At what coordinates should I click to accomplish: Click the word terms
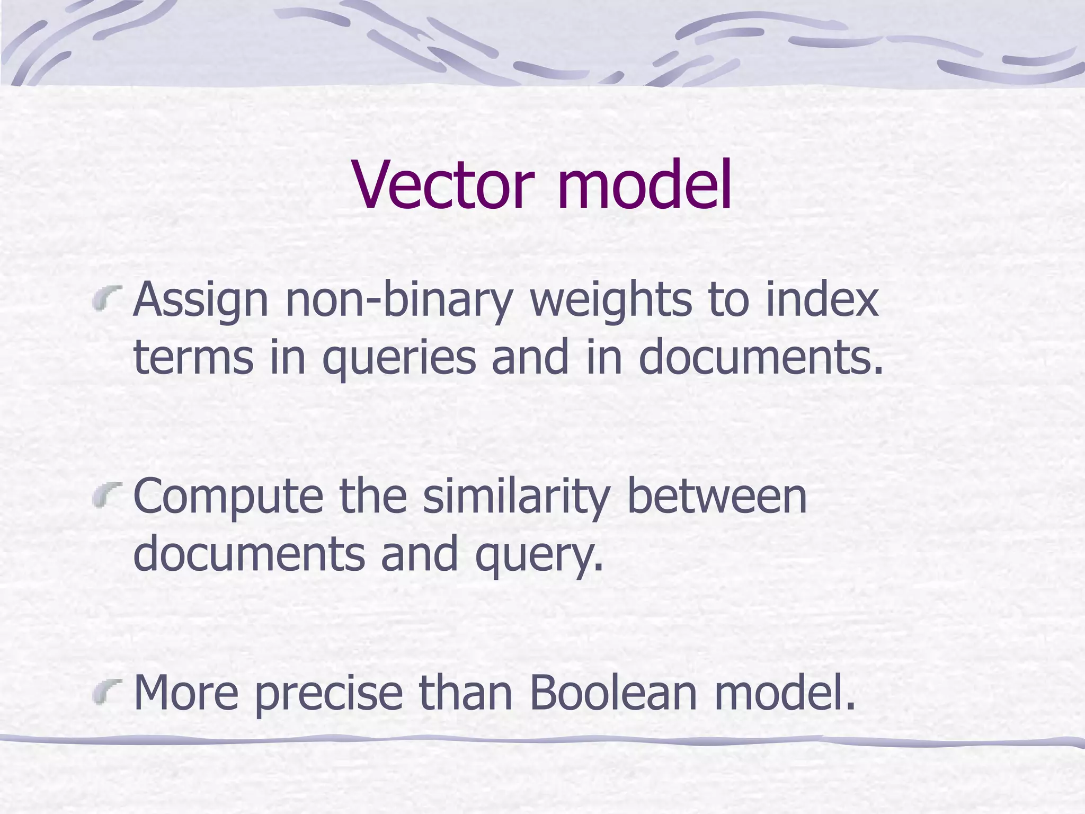point(193,358)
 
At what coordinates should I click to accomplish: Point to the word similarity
point(516,498)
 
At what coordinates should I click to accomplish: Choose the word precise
point(328,694)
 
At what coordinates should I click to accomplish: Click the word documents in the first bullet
point(761,358)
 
